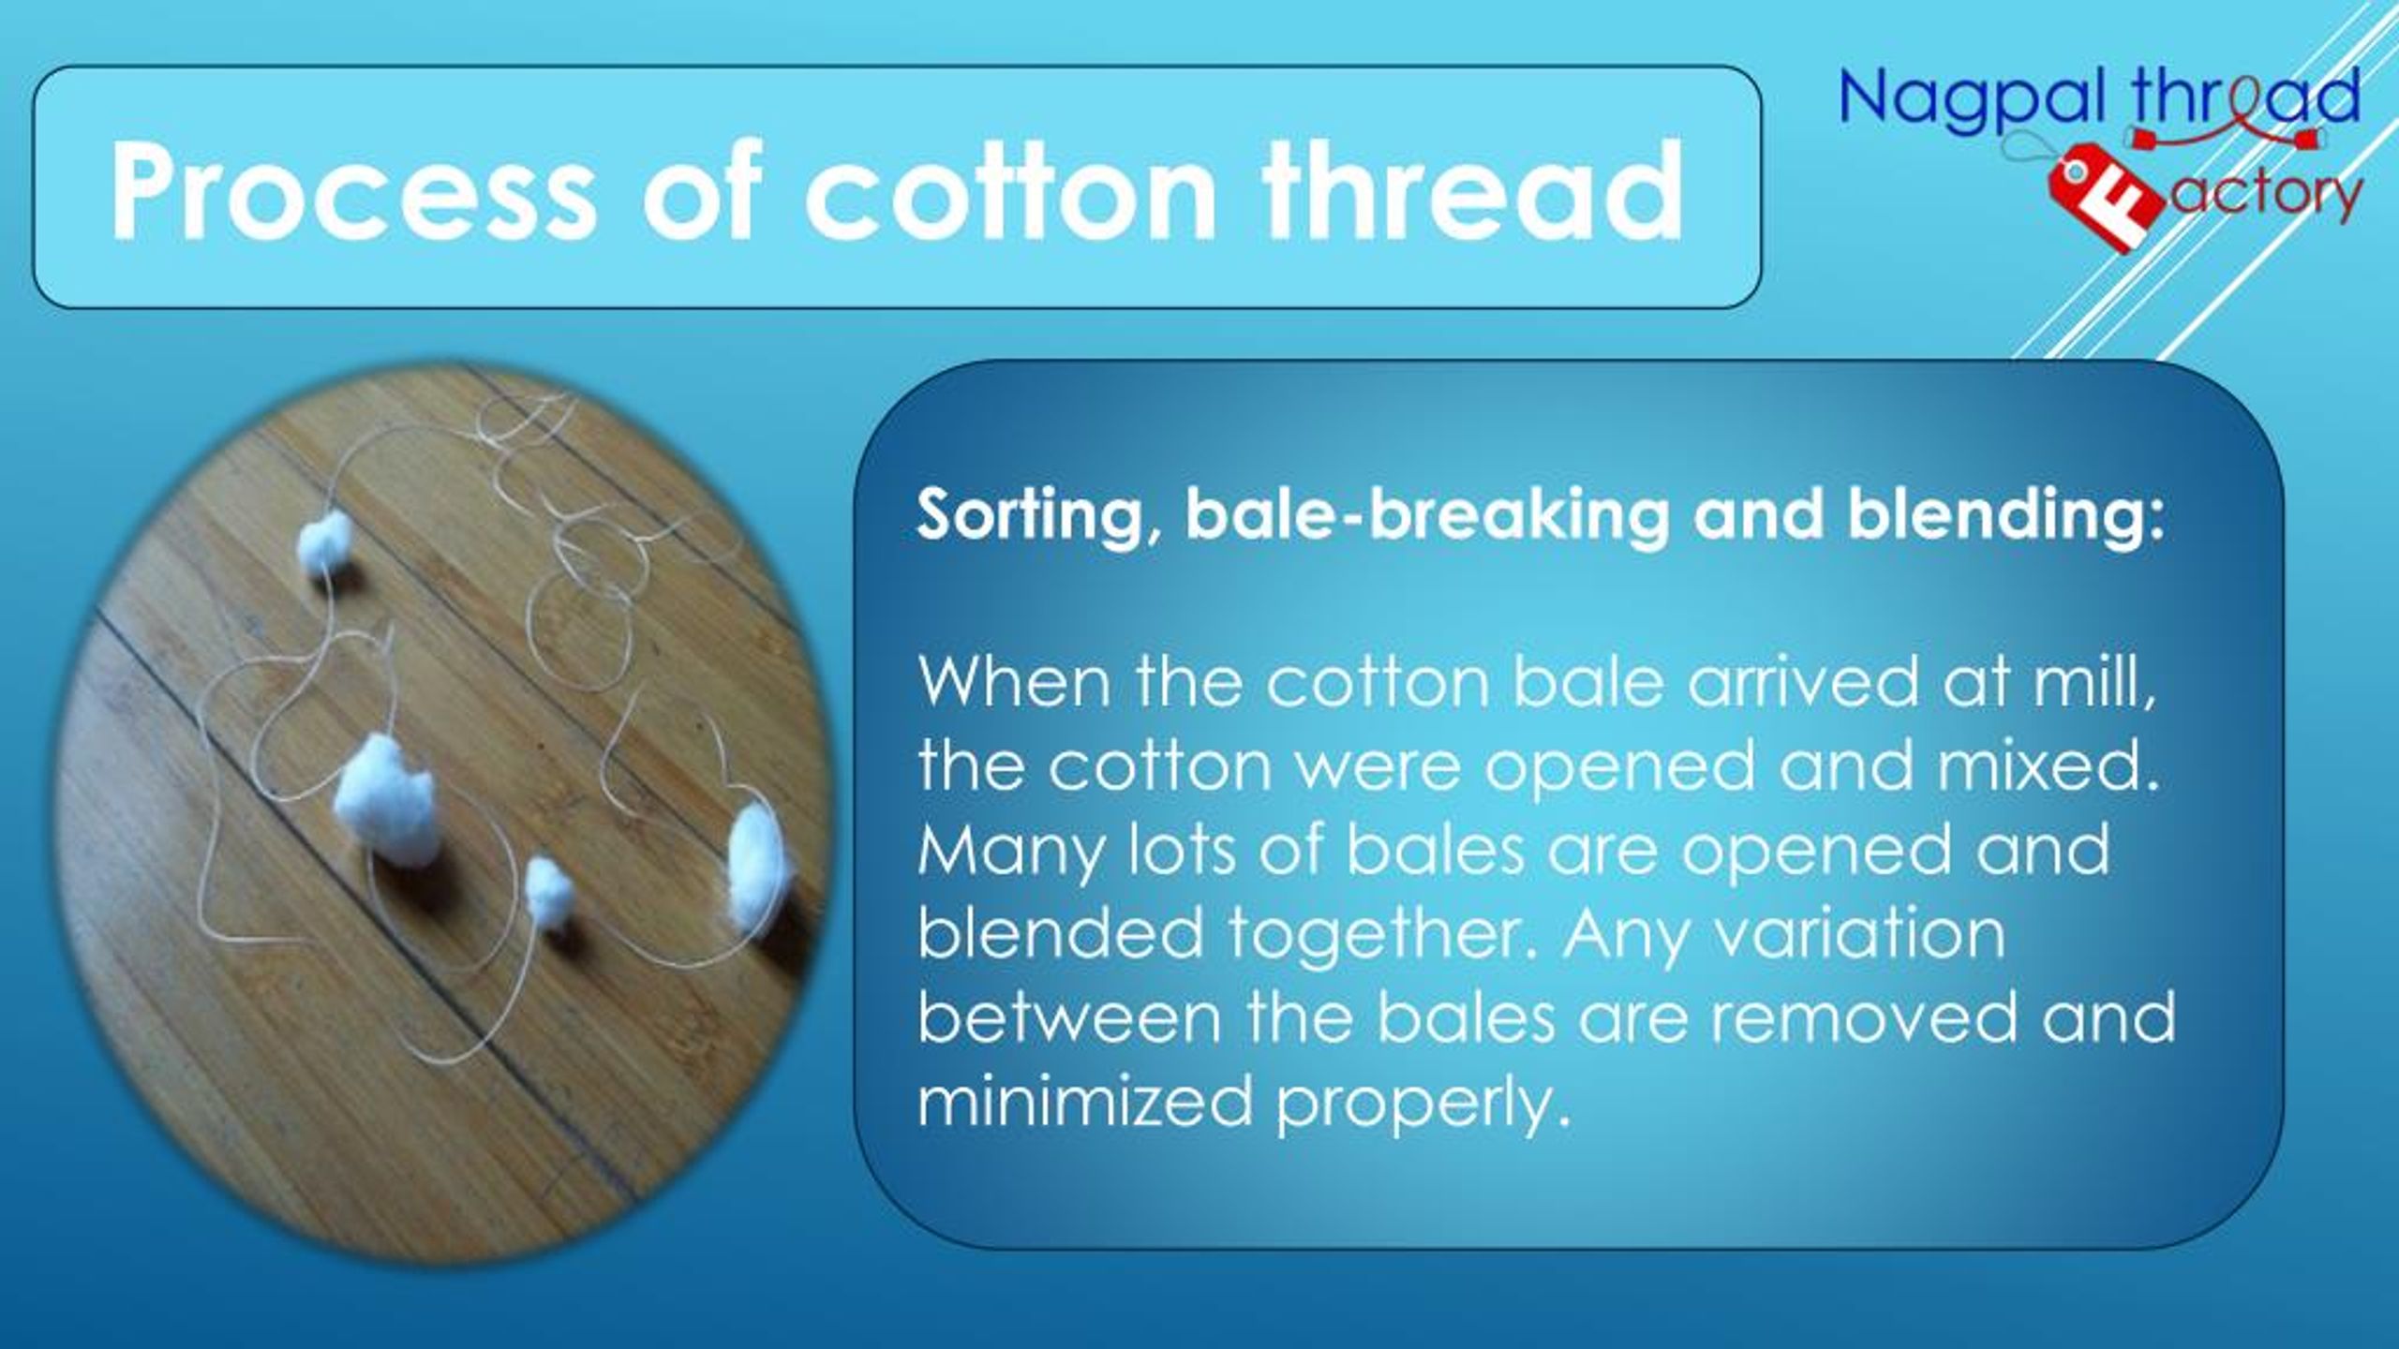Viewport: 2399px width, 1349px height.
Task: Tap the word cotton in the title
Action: point(1009,192)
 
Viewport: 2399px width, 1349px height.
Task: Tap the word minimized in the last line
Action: point(1084,1101)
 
